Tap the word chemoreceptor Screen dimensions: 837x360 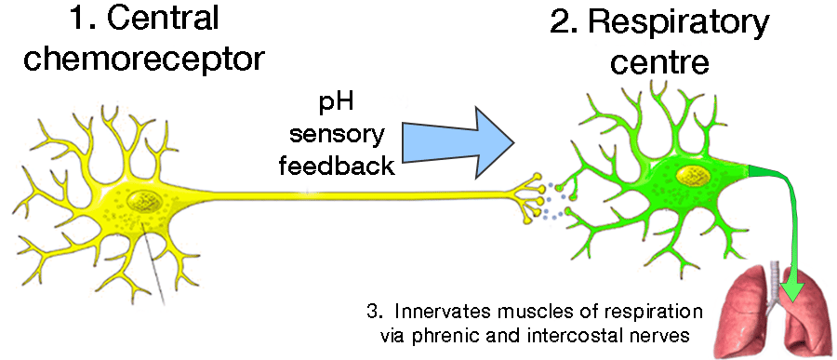point(144,60)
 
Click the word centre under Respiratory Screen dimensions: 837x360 point(659,61)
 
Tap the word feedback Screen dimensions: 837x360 point(336,166)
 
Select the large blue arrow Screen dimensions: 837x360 point(458,141)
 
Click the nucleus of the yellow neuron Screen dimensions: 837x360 point(145,201)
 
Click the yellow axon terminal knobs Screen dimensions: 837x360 point(530,196)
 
